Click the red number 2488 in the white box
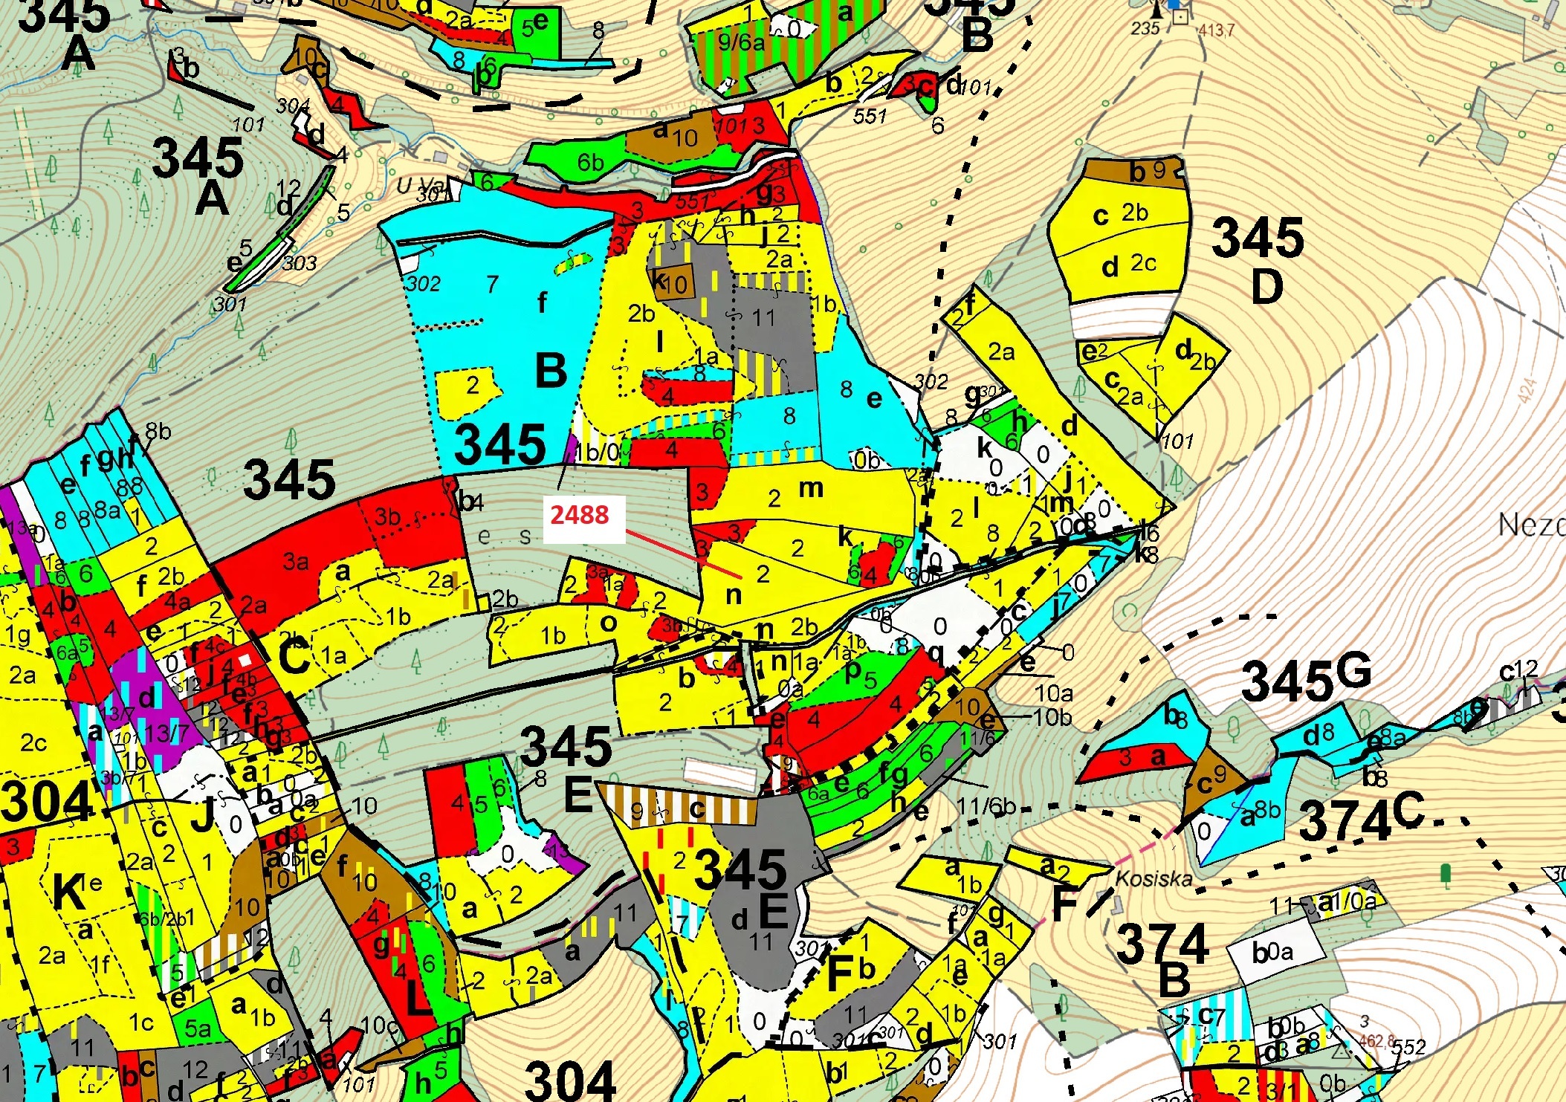[x=579, y=514]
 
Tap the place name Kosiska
[x=1154, y=878]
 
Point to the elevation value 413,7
[x=1216, y=30]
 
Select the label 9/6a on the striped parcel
[x=740, y=42]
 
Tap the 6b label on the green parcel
[x=590, y=161]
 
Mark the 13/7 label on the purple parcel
[x=167, y=733]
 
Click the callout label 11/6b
[x=986, y=805]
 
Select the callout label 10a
[x=1053, y=693]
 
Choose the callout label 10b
[x=1053, y=717]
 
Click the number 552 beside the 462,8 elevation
[x=1408, y=1046]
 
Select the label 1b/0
[x=596, y=452]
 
